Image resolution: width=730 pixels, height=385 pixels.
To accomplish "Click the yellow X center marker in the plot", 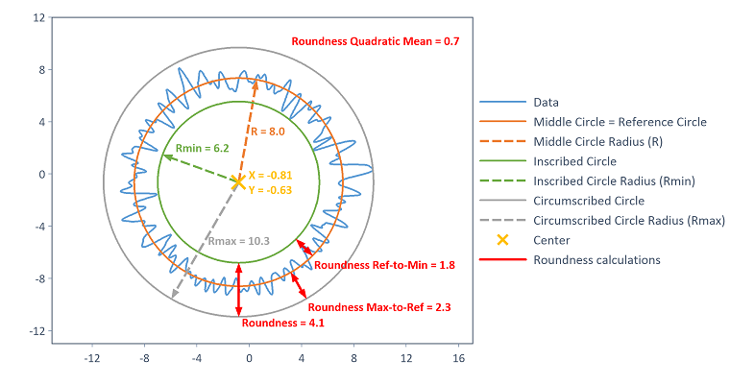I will pyautogui.click(x=237, y=181).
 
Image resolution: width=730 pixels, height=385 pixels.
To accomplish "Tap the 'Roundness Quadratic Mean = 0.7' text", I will pyautogui.click(x=374, y=42).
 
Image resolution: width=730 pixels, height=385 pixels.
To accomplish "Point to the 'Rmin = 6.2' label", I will pyautogui.click(x=202, y=149).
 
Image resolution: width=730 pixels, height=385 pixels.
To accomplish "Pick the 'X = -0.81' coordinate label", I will pyautogui.click(x=270, y=176).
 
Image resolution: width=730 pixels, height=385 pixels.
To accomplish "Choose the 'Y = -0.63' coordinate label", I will pyautogui.click(x=270, y=190).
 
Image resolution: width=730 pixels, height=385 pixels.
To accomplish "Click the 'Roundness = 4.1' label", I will pyautogui.click(x=275, y=324).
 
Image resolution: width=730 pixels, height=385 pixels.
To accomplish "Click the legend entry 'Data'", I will pyautogui.click(x=546, y=102).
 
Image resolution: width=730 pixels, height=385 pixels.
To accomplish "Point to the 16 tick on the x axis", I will pyautogui.click(x=458, y=358).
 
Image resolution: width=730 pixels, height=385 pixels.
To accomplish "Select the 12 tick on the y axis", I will pyautogui.click(x=39, y=18).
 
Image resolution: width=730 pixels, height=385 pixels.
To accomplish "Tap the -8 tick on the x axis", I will pyautogui.click(x=144, y=358).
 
